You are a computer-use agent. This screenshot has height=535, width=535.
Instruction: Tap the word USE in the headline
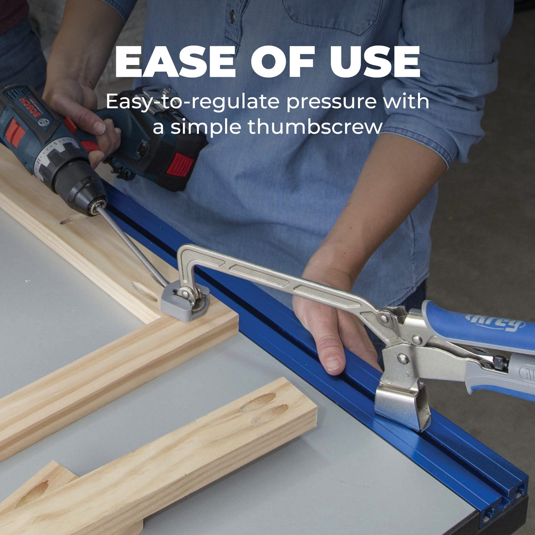pyautogui.click(x=375, y=62)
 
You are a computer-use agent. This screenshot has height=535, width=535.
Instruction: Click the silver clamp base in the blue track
pyautogui.click(x=402, y=405)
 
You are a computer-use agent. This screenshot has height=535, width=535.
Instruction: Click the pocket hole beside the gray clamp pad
pyautogui.click(x=145, y=292)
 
